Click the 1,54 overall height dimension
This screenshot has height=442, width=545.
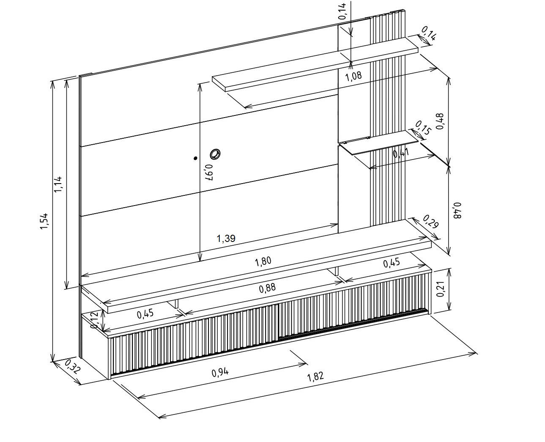44,221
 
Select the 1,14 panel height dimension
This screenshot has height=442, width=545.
58,184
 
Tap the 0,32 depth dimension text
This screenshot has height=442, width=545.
72,367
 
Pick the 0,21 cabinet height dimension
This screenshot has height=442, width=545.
441,289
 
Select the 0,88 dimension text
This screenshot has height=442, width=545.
267,288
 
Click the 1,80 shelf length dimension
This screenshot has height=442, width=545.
263,261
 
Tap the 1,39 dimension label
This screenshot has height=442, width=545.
226,239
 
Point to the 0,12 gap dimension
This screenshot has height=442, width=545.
95,320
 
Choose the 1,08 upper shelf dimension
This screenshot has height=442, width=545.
353,76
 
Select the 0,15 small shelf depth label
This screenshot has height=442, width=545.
423,127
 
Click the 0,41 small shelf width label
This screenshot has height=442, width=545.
401,154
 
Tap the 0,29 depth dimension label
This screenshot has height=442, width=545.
430,221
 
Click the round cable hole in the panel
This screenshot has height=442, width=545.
215,154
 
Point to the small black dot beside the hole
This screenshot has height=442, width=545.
195,159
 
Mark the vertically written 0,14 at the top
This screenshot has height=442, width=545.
342,11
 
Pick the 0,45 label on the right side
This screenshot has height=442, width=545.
392,263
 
